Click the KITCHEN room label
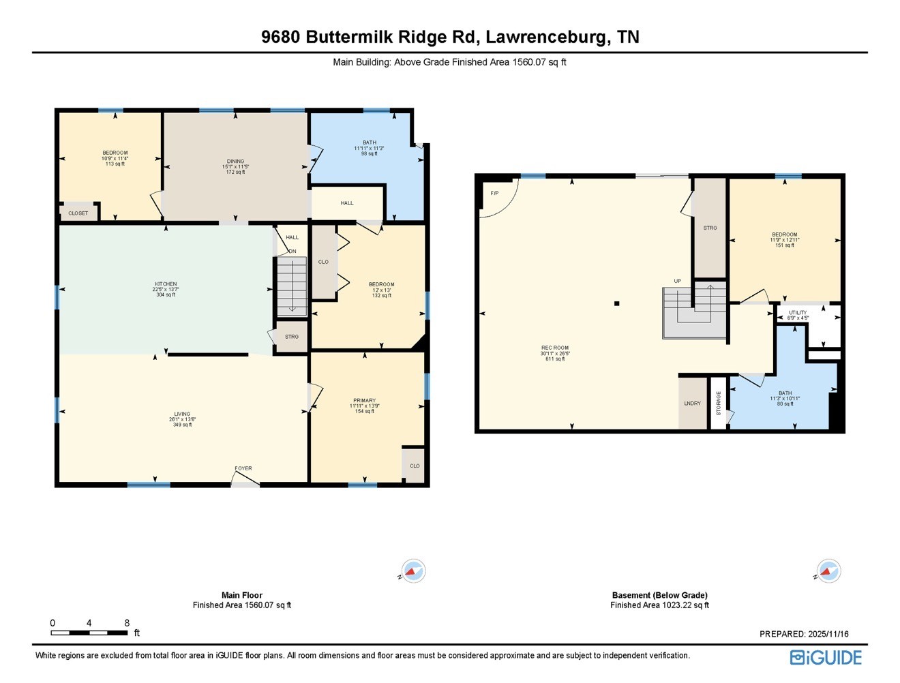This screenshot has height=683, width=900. [166, 284]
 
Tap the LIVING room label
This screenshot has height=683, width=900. [182, 414]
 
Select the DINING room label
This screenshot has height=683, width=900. [235, 162]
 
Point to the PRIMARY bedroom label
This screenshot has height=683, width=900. [364, 401]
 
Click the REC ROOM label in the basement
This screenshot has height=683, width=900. [555, 348]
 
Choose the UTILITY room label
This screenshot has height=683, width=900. [798, 313]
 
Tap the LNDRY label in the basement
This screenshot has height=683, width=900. [692, 404]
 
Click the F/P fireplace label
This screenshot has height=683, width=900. [494, 194]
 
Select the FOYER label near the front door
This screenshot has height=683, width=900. [243, 468]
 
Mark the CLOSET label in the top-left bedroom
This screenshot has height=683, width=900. [78, 213]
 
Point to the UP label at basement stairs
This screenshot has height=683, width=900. [677, 281]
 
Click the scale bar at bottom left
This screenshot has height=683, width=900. [89, 633]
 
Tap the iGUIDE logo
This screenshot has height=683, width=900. [826, 657]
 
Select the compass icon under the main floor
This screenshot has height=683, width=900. [413, 571]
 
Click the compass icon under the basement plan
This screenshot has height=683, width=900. [828, 571]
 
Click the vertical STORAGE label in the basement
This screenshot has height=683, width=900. [719, 404]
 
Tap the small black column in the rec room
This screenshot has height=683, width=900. [616, 303]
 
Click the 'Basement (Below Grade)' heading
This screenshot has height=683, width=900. [659, 595]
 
